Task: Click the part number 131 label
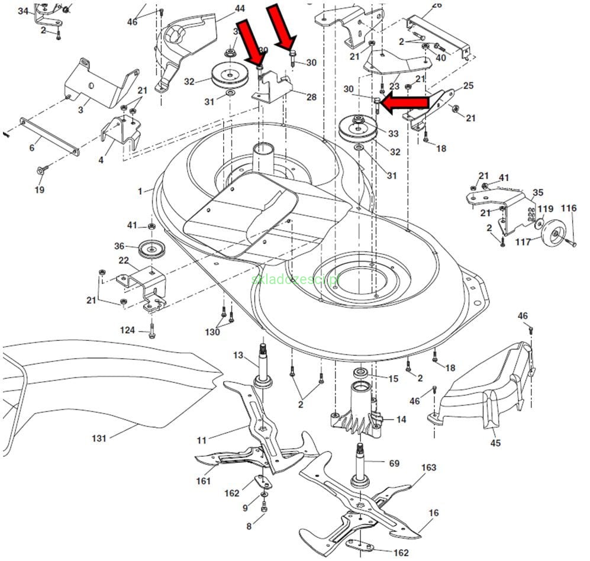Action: pyautogui.click(x=99, y=439)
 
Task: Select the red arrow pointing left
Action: pyautogui.click(x=405, y=104)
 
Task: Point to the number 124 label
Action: pyautogui.click(x=127, y=330)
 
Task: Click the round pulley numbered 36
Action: pyautogui.click(x=151, y=249)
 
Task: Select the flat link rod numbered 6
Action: pyautogui.click(x=50, y=137)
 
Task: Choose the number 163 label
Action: pyautogui.click(x=428, y=468)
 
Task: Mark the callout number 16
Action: pyautogui.click(x=434, y=513)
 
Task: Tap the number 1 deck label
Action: pyautogui.click(x=140, y=191)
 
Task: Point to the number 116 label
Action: pyautogui.click(x=569, y=208)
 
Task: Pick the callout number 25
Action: pyautogui.click(x=468, y=86)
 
